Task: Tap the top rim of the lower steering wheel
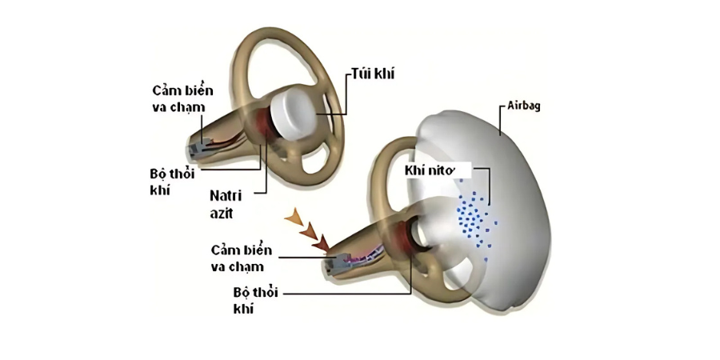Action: (x=400, y=144)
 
